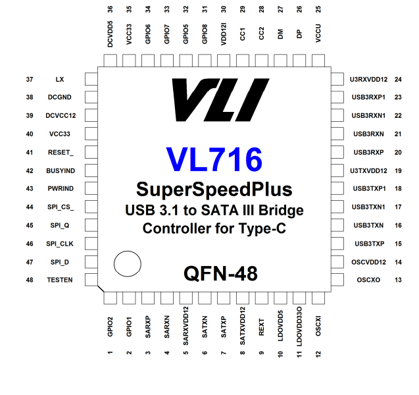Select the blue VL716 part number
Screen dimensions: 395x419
click(214, 159)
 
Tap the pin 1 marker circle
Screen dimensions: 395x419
click(127, 265)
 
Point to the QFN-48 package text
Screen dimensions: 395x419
click(220, 273)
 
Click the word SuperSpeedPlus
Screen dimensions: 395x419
click(214, 190)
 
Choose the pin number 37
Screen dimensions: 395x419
click(29, 79)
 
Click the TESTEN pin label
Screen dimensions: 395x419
click(60, 280)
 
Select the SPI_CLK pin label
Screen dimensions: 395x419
click(60, 244)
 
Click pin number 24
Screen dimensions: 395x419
click(398, 79)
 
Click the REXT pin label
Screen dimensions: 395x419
click(262, 327)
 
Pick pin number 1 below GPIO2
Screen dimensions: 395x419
click(110, 354)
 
